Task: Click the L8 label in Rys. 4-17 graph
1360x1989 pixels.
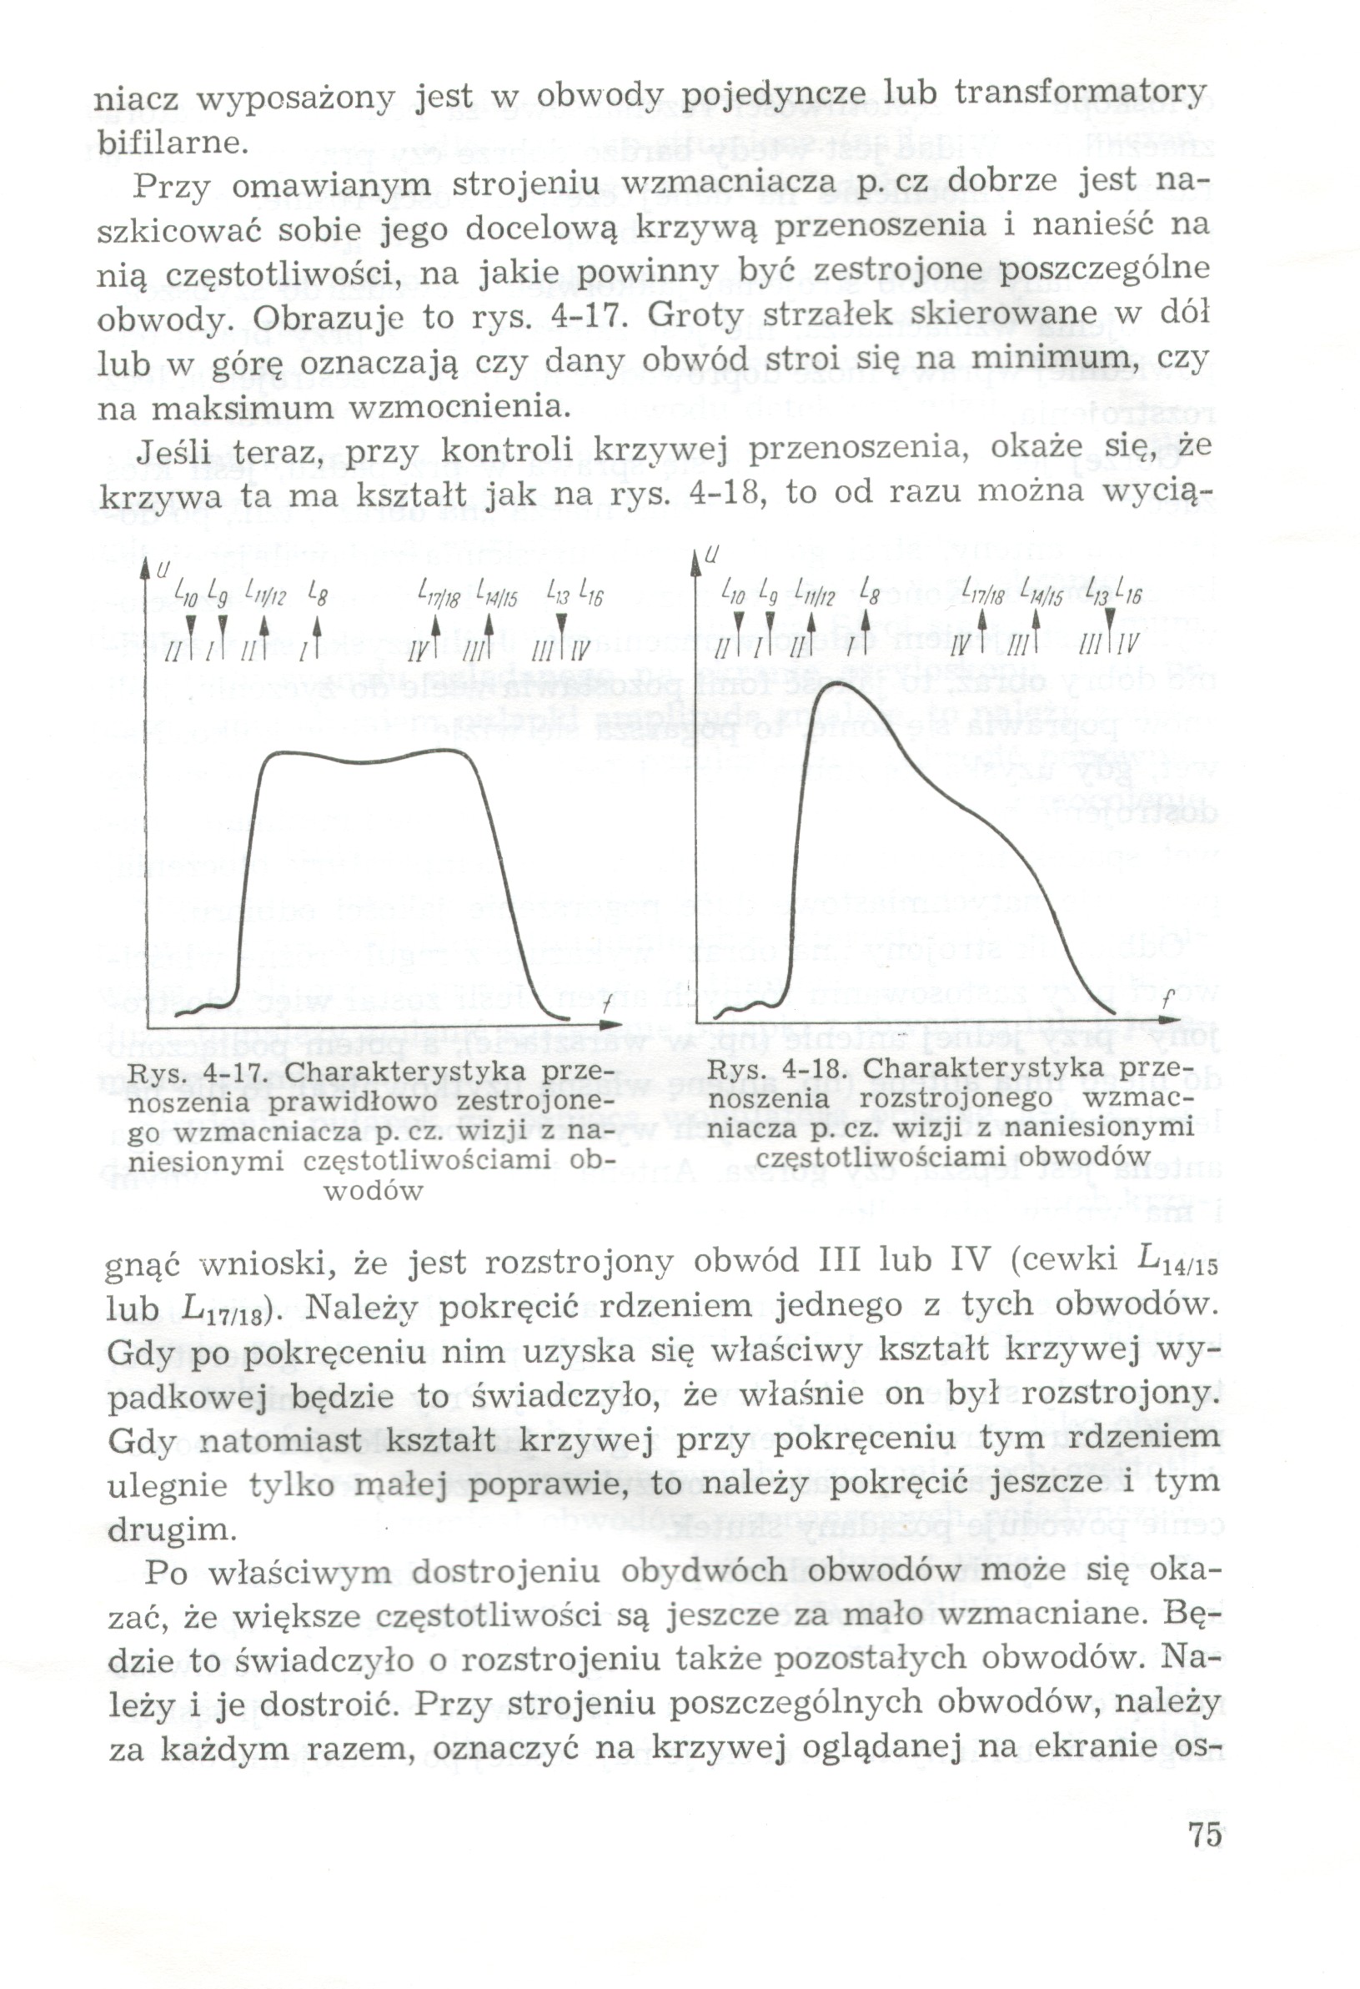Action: coord(317,591)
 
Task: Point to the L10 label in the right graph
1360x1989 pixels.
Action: coord(734,590)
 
